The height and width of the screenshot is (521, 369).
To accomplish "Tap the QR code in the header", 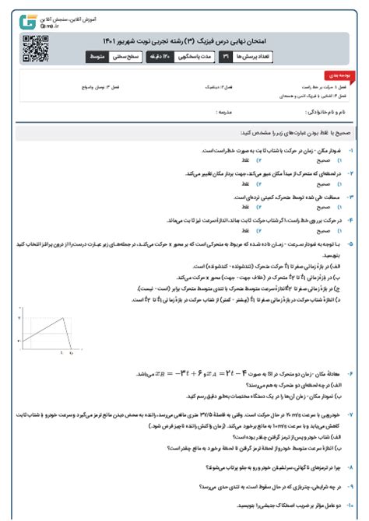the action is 30,47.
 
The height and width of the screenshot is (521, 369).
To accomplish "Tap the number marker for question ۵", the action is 352,243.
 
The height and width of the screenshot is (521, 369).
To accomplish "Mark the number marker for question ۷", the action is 352,417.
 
